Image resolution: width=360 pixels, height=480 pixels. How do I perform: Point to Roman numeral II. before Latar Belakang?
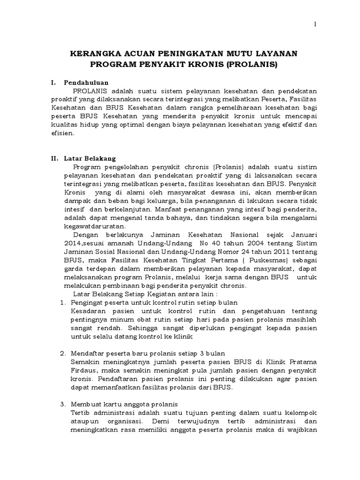[54, 158]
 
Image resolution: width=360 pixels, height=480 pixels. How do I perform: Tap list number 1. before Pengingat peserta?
[63, 303]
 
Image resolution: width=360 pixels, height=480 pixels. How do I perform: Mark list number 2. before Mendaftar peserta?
[63, 353]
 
